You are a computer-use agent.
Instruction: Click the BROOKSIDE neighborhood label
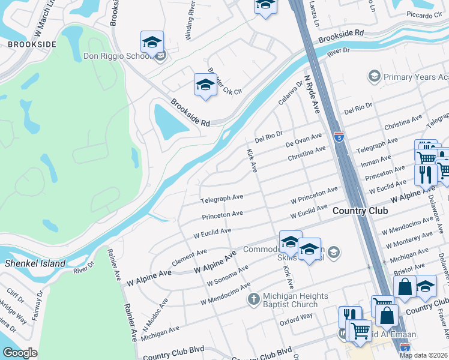pos(32,44)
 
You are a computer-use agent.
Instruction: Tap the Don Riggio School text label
pos(116,56)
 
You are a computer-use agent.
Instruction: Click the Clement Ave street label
pos(189,257)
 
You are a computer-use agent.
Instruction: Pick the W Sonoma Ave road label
pos(228,277)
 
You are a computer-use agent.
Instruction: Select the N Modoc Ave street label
pos(155,311)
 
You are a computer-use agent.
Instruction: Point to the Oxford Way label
pos(296,320)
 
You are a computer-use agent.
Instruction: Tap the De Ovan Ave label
pos(304,140)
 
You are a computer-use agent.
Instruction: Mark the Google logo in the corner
pos(20,353)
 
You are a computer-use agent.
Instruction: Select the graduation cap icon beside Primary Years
pos(374,77)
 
